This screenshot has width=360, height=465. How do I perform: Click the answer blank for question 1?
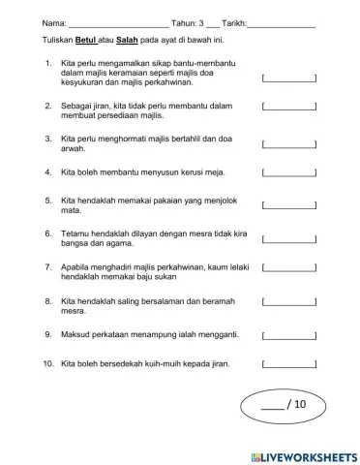click(x=289, y=79)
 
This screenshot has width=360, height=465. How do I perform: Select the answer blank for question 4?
click(x=289, y=174)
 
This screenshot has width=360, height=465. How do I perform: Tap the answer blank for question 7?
click(x=289, y=268)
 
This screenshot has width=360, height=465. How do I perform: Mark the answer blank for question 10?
click(x=289, y=364)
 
